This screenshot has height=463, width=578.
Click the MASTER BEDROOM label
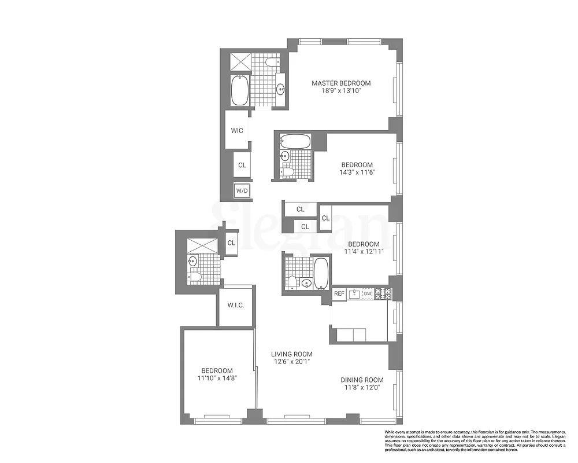tap(341, 83)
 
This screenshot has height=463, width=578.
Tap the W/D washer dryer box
tap(242, 190)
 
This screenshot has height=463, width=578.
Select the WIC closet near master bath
tap(237, 131)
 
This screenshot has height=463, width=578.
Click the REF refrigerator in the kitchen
tap(339, 294)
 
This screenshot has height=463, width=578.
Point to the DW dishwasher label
tap(367, 294)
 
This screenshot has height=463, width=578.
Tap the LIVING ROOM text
tap(292, 354)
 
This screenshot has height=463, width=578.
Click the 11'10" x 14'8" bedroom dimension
tap(217, 379)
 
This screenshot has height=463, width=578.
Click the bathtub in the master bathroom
tap(239, 91)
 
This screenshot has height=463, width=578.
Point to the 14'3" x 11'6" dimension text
tap(357, 172)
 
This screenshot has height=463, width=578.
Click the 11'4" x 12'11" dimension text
tap(364, 252)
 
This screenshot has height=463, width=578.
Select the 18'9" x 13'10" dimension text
tap(341, 91)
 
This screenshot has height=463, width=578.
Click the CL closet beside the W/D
tap(242, 166)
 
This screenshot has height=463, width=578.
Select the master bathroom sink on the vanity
tap(280, 89)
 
